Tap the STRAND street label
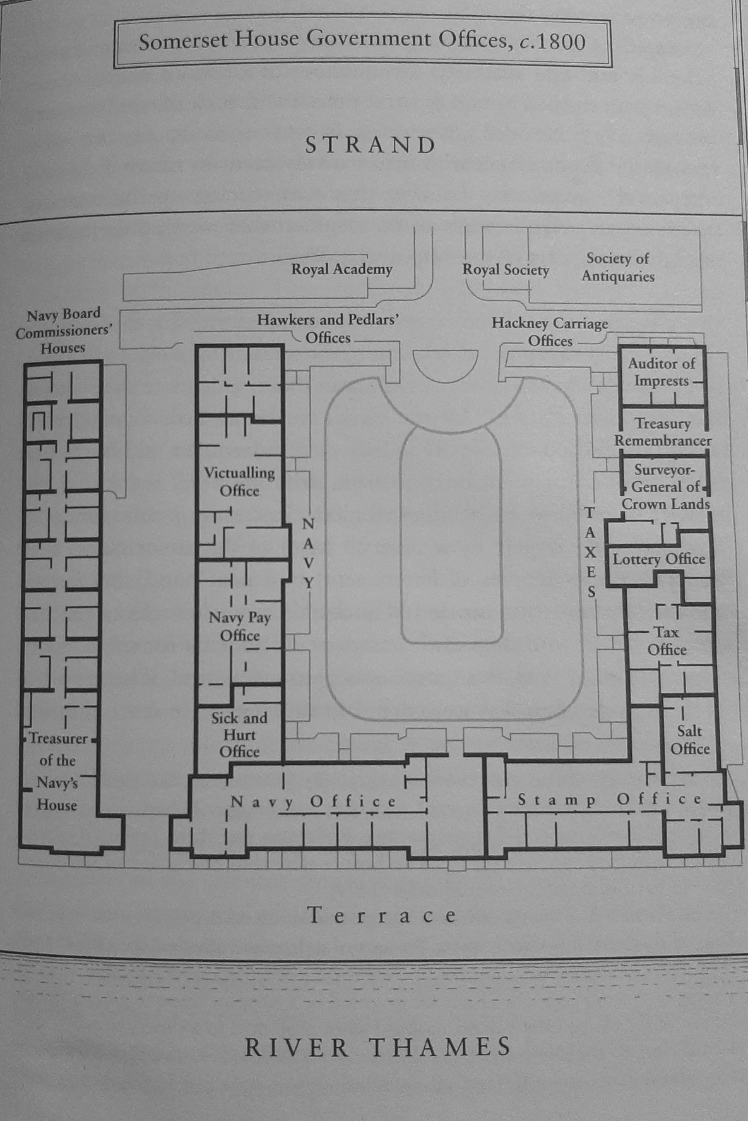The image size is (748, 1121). pos(371,145)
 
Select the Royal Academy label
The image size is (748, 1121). pos(341,269)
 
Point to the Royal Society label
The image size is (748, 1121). pos(506,270)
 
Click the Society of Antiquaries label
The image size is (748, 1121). pos(618,267)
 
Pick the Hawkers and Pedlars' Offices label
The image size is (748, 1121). pos(328,328)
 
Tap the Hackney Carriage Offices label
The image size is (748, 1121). pos(550,332)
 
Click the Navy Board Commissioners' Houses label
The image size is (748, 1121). pos(63,330)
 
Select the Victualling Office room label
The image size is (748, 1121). pos(239,481)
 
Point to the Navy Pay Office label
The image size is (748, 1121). pos(240,626)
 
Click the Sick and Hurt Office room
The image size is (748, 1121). pos(239,734)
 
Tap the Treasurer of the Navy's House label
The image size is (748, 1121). pos(57,771)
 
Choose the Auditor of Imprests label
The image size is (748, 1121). pos(662,372)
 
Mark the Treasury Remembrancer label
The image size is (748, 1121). pos(663,432)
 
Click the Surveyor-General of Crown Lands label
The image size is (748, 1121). pos(665,486)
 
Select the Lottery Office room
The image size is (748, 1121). pos(658,559)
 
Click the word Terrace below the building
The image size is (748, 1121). pos(383,915)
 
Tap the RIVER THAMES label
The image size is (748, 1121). pos(377,1047)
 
